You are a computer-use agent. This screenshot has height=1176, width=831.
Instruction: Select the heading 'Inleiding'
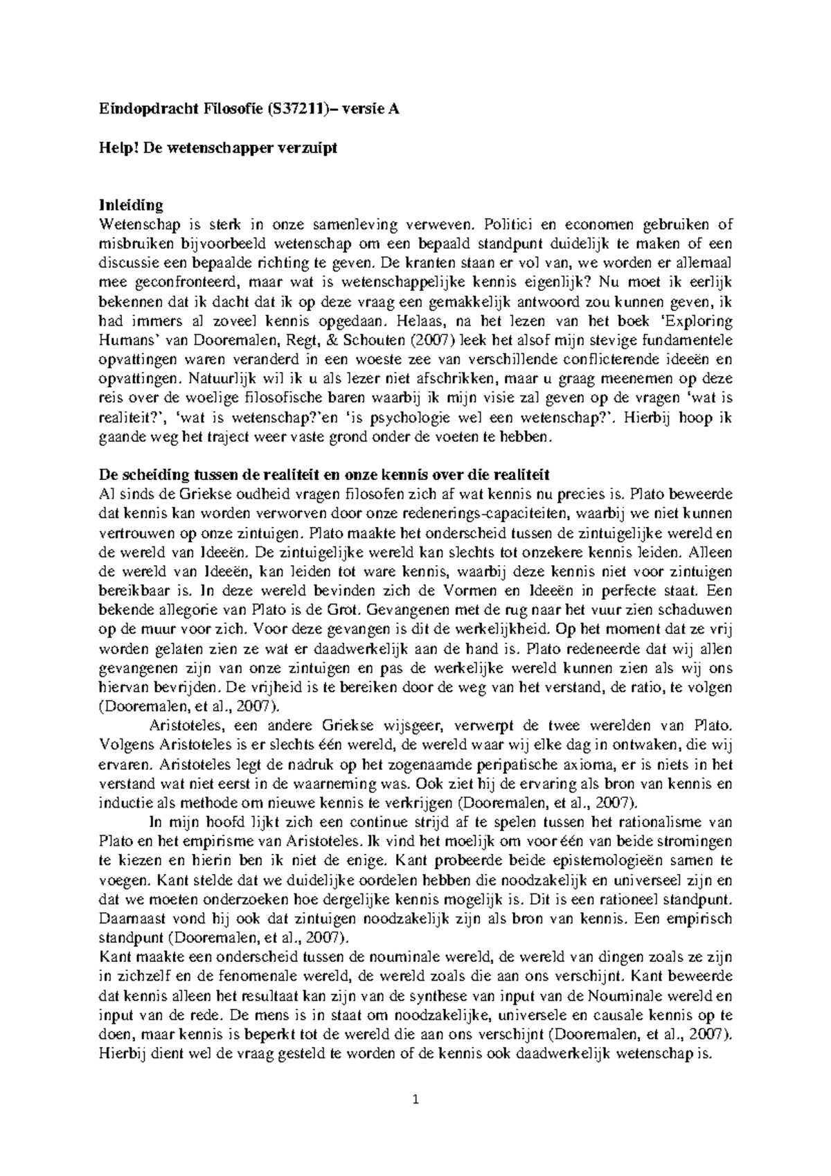(132, 206)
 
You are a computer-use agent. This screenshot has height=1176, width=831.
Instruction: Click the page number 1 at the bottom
(415, 1099)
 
